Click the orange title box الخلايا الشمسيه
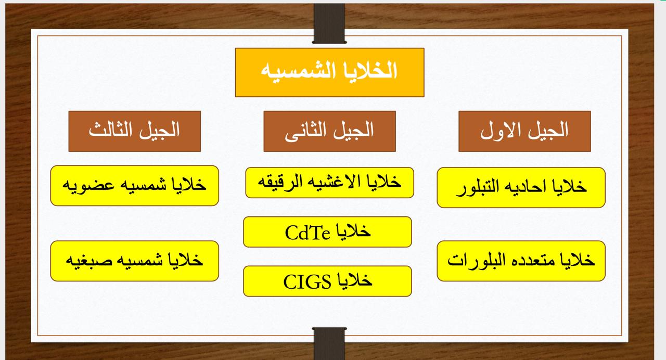(329, 72)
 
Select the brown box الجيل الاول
(524, 131)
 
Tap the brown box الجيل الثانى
(329, 131)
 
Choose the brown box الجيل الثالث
(134, 131)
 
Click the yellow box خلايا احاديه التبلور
(521, 187)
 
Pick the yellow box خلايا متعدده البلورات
(521, 261)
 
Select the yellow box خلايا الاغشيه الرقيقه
(329, 183)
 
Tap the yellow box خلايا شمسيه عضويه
(134, 186)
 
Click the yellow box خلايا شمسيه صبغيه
(134, 261)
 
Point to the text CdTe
(308, 233)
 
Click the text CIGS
(307, 282)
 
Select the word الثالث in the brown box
(110, 130)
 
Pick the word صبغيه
(89, 261)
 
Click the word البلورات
(472, 260)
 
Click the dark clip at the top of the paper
(329, 23)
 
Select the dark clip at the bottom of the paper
(329, 344)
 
